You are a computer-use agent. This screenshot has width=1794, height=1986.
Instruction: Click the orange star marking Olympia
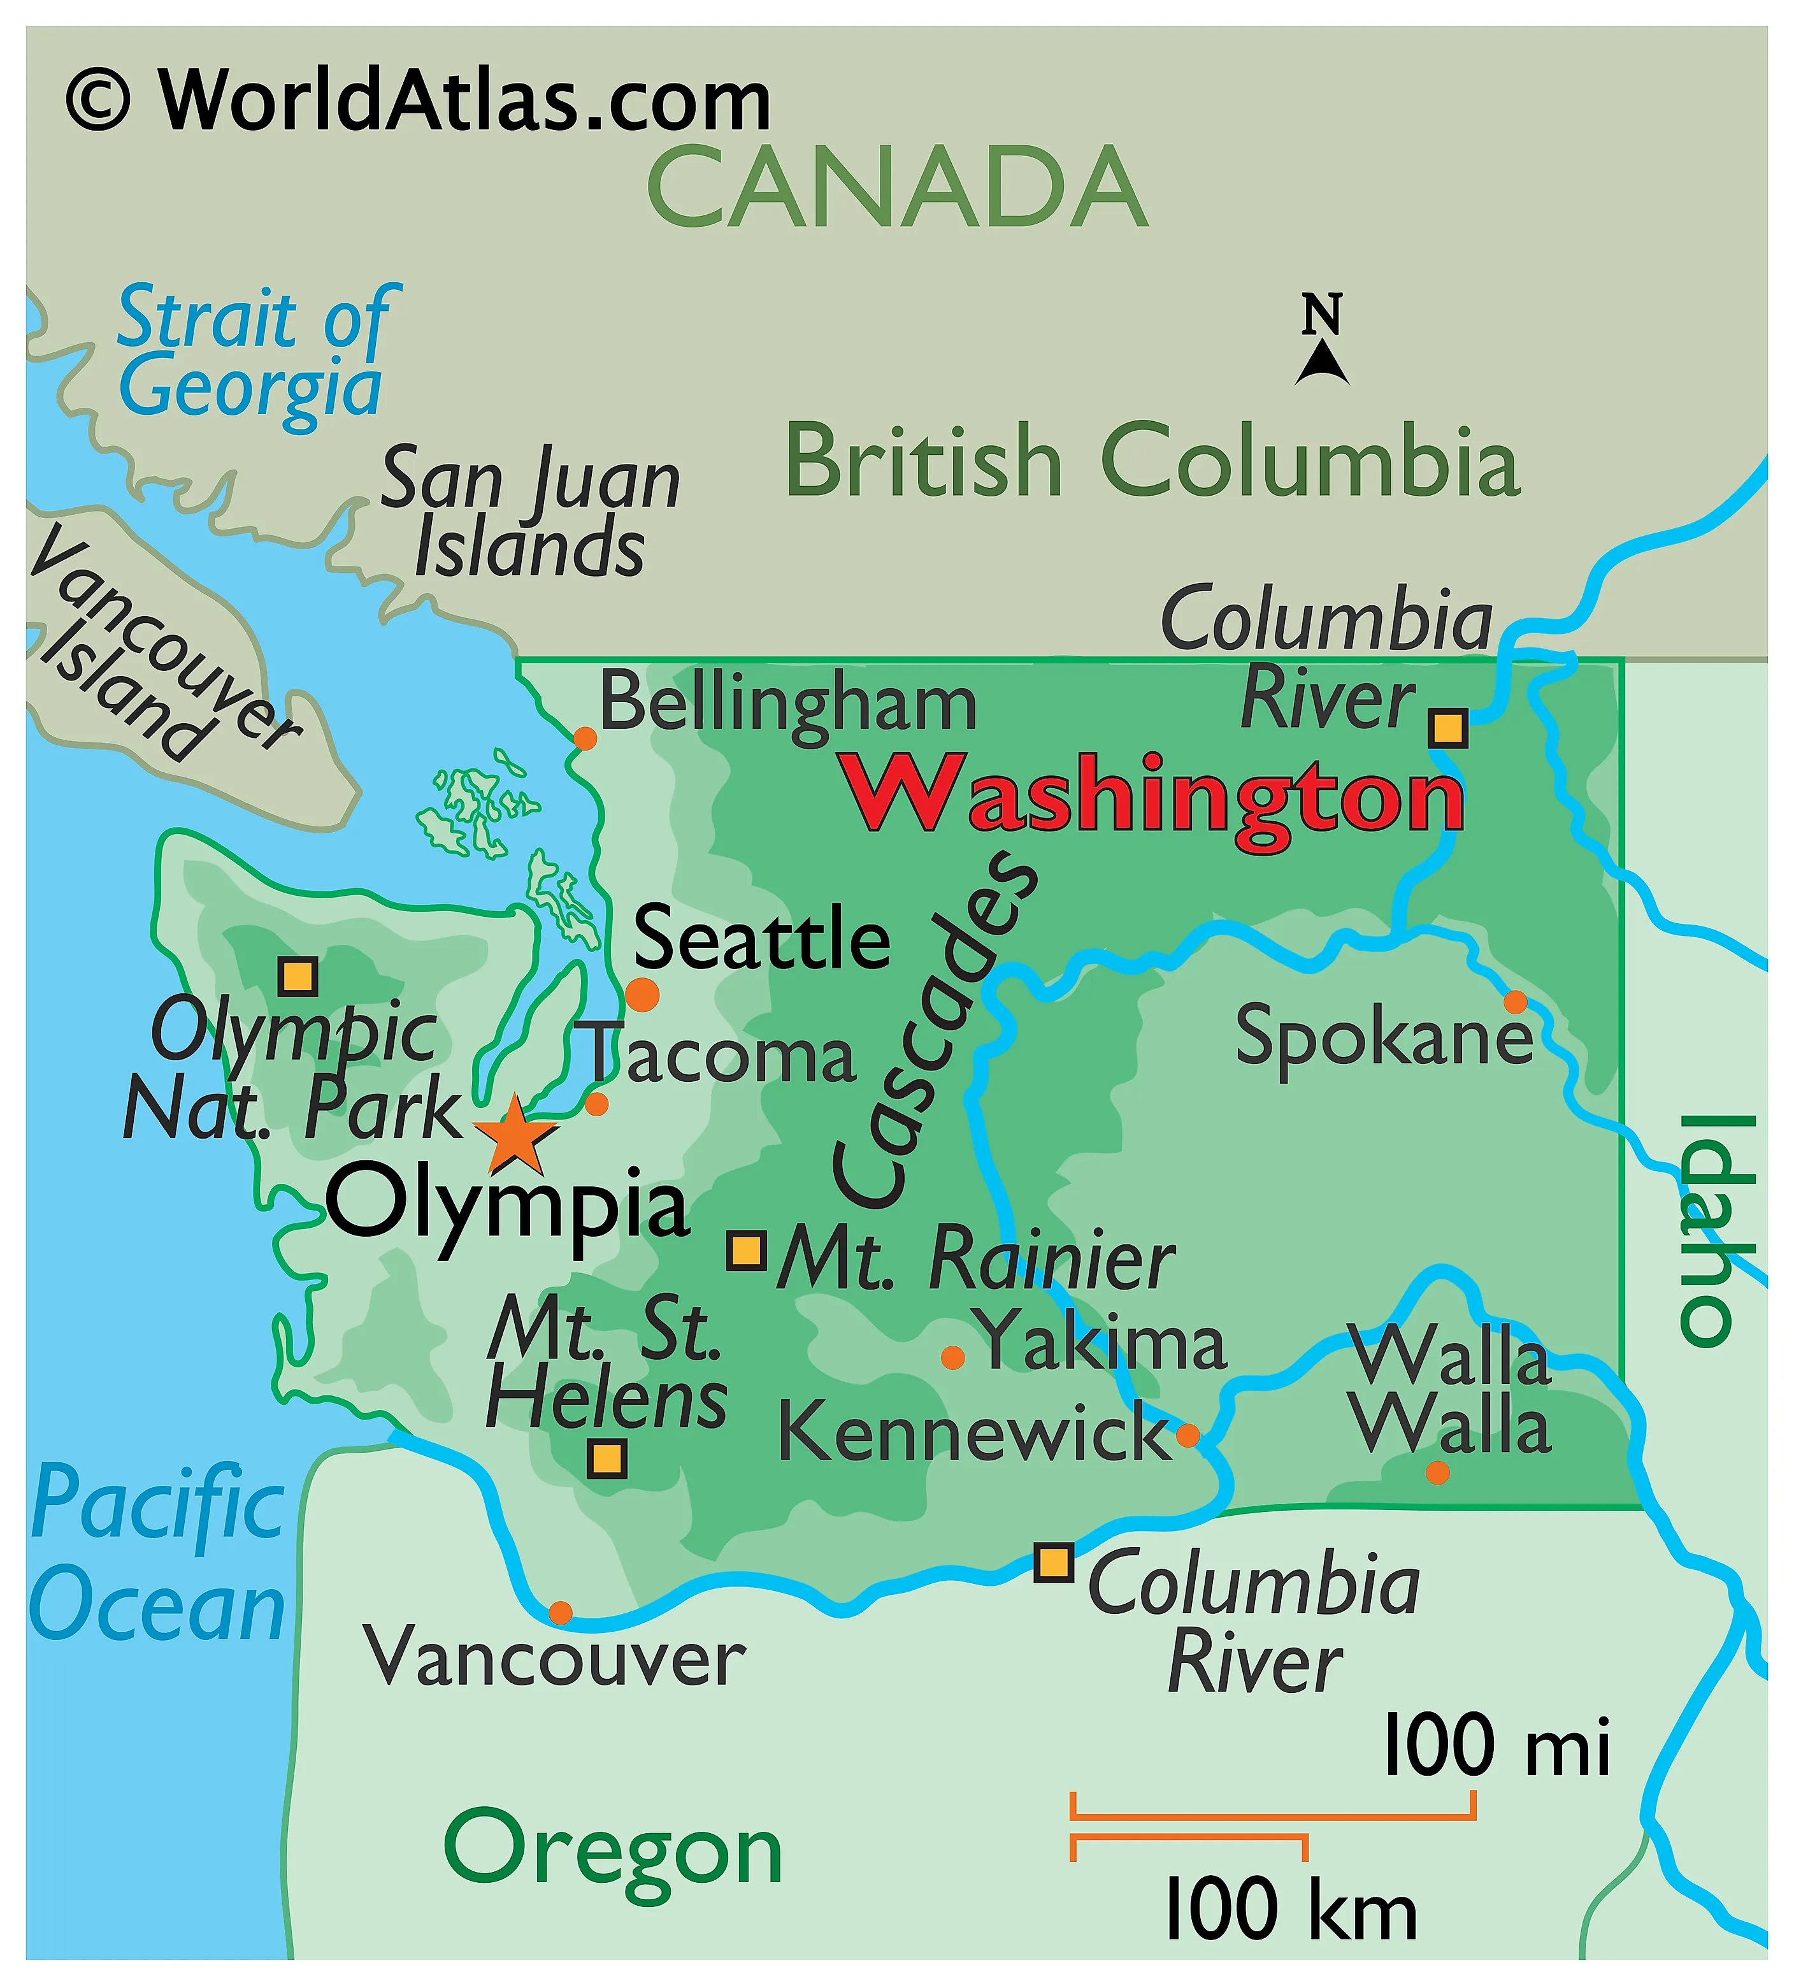pos(514,1135)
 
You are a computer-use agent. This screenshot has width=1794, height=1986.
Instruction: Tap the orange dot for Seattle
pos(642,994)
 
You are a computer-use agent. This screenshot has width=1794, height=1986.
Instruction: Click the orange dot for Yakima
pos(952,1358)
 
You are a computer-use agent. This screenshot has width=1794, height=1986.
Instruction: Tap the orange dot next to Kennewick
pos(1188,1434)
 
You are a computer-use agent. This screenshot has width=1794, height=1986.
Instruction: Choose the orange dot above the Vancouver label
pos(559,1613)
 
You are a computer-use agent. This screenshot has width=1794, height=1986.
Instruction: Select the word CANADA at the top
pos(896,187)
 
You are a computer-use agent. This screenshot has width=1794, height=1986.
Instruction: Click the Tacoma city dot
pos(596,1104)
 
